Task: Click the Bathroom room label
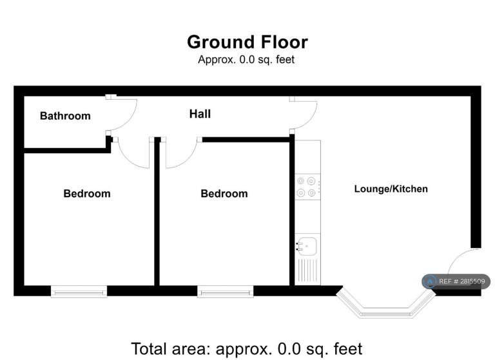tap(65, 116)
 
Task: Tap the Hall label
tap(200, 114)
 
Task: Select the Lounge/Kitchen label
tap(391, 189)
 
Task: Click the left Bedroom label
tap(87, 193)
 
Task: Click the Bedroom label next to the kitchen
tap(224, 193)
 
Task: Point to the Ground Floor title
tap(247, 42)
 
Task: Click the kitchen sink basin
tap(307, 246)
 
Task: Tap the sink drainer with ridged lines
tap(307, 270)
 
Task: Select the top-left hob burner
tap(301, 181)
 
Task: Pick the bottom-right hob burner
tap(311, 193)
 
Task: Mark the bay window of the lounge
tap(386, 308)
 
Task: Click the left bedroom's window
tap(79, 292)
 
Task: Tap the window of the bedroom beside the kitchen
tap(226, 292)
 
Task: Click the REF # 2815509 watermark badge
tap(456, 281)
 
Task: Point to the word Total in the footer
tap(150, 348)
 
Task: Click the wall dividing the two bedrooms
tap(157, 211)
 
